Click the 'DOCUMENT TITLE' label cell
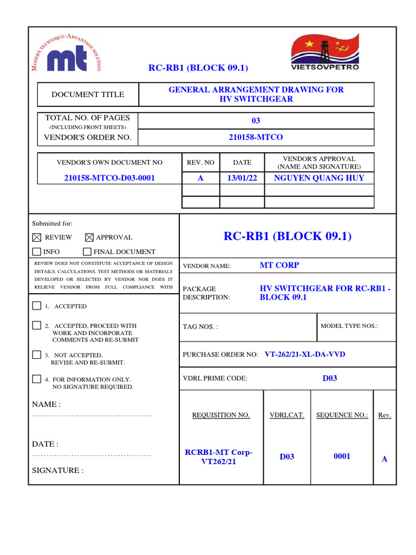point(88,94)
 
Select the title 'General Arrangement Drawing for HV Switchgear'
point(256,94)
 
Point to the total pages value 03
point(256,120)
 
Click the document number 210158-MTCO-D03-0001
point(109,178)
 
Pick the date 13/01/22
point(242,178)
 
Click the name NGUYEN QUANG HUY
point(319,178)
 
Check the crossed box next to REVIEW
point(37,237)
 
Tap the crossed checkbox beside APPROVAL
point(89,237)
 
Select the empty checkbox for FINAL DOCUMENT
point(87,251)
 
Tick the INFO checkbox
point(37,251)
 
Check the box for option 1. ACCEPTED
point(37,306)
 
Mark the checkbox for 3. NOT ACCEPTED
point(37,354)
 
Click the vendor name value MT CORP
point(279,265)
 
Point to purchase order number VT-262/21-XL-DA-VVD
point(304,354)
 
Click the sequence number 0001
point(342,456)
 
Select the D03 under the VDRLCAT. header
point(287,457)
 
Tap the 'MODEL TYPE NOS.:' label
point(349,326)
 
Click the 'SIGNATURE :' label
point(57,470)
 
